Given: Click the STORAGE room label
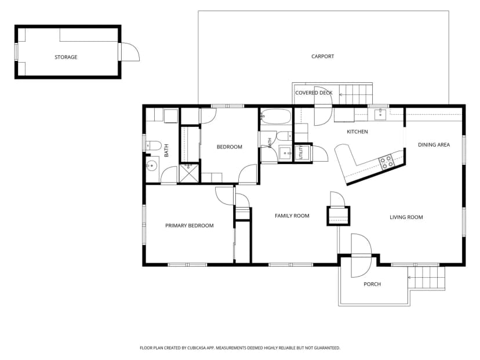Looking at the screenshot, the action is click(66, 57).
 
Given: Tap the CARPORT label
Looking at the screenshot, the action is click(323, 56).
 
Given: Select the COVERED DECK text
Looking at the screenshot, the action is click(314, 93).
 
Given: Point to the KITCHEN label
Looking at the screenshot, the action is click(357, 132).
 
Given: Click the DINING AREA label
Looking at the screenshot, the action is click(434, 145).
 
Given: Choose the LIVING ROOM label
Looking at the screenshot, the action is click(406, 217).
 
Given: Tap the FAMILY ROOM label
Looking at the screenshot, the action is click(292, 216).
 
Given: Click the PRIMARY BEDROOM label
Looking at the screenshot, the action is click(190, 226).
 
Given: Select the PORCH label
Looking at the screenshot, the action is click(372, 284).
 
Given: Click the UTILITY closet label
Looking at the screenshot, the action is click(300, 152).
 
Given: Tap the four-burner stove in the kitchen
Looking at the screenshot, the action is click(386, 162).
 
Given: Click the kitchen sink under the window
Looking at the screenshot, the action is click(380, 114).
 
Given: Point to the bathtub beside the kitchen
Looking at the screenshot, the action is click(276, 117).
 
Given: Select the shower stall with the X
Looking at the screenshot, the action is click(189, 173).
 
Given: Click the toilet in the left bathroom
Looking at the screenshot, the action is click(154, 146).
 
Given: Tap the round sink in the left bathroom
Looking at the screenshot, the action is click(152, 166).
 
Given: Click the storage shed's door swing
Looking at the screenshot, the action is click(130, 52).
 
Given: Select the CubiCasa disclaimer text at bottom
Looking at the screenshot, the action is click(240, 348).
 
